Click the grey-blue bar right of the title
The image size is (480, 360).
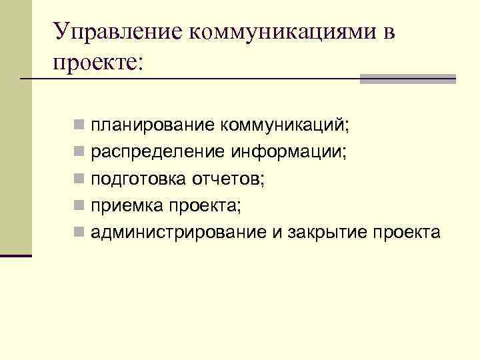(407, 79)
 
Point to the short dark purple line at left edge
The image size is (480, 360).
(16, 255)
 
